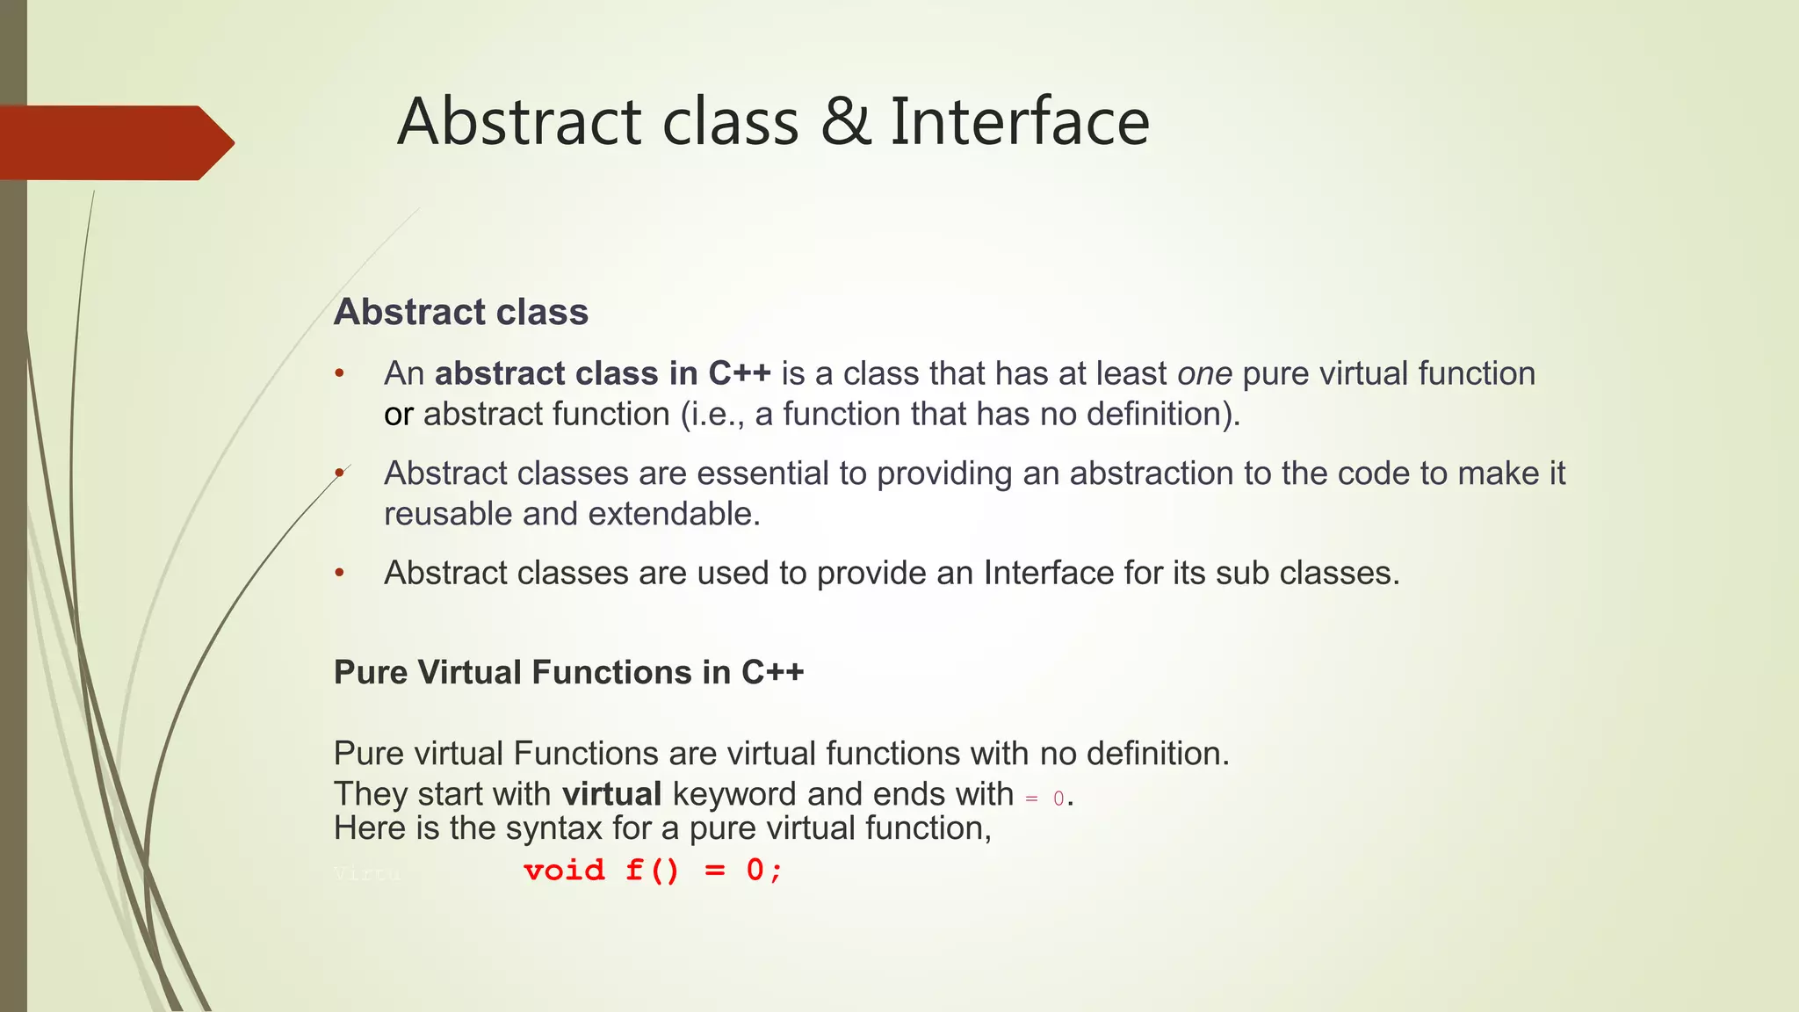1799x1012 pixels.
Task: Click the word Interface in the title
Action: pos(1019,122)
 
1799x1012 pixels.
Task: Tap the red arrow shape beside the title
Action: pos(114,142)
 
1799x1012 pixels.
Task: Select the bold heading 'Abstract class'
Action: pos(460,312)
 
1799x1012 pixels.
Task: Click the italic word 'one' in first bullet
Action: pos(1204,374)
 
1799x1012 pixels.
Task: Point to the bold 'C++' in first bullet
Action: pos(740,373)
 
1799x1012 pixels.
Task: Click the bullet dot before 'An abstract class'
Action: pos(339,374)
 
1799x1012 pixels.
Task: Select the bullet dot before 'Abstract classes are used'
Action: pos(339,574)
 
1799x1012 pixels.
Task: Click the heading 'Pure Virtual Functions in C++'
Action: pos(568,672)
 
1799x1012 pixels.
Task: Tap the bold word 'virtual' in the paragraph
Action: pos(611,794)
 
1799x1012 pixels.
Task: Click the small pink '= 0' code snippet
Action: pos(1044,799)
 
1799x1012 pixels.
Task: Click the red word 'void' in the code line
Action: pos(564,871)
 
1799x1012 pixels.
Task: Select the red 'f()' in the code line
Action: pos(653,871)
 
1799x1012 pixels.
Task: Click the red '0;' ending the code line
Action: pos(763,871)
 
